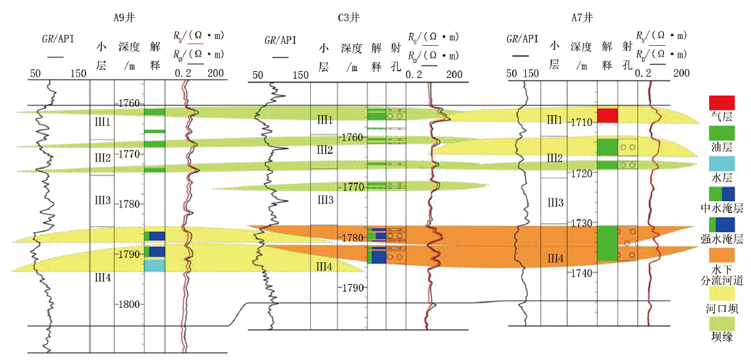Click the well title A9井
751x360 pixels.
pos(122,18)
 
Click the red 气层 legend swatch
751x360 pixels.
pos(722,103)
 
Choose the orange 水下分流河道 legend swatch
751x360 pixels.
pos(722,255)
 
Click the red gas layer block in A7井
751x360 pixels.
pos(607,116)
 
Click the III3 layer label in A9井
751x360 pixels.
pos(102,201)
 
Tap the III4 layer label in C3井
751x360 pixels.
pos(324,266)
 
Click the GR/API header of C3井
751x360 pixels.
pos(280,40)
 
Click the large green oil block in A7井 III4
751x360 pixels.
pos(607,243)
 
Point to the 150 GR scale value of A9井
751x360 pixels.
pos(78,74)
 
